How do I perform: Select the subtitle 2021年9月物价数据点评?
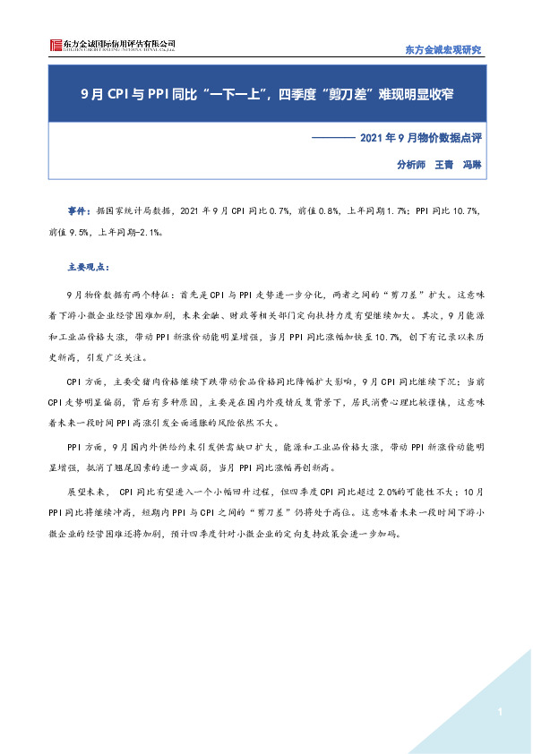point(421,138)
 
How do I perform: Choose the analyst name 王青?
point(445,165)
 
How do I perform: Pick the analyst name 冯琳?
point(472,165)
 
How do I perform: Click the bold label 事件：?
point(80,210)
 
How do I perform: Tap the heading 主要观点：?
point(88,266)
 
